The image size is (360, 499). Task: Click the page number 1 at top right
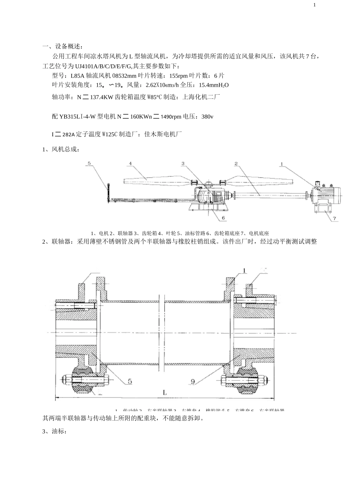tap(315, 5)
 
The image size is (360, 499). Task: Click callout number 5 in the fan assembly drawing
tap(89, 164)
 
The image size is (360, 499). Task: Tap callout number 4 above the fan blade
tap(130, 164)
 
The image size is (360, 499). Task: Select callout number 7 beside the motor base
tap(334, 218)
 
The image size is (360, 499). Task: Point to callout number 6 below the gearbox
tap(224, 218)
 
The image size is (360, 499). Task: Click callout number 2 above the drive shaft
tap(236, 164)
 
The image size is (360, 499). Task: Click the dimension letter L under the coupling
tap(165, 393)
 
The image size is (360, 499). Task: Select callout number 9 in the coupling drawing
tap(193, 382)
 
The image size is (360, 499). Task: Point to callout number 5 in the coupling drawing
tap(130, 382)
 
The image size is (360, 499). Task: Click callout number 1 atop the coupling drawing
tap(245, 270)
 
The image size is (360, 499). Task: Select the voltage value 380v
tap(207, 117)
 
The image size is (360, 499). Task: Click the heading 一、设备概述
tap(62, 47)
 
